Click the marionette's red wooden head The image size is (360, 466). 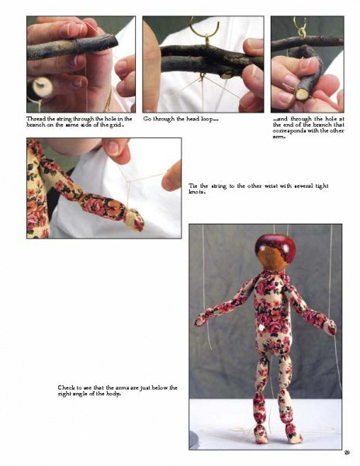(x=275, y=252)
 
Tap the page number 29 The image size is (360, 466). (x=347, y=453)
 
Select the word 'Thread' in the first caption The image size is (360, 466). (x=35, y=119)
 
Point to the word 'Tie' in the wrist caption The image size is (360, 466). (x=193, y=186)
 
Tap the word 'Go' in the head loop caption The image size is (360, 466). (x=147, y=119)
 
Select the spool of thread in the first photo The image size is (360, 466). (x=40, y=89)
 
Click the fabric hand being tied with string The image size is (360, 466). (x=134, y=220)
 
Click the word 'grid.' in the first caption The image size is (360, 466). (x=117, y=125)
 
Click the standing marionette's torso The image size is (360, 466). (x=273, y=315)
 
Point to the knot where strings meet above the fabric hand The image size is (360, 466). (x=127, y=181)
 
